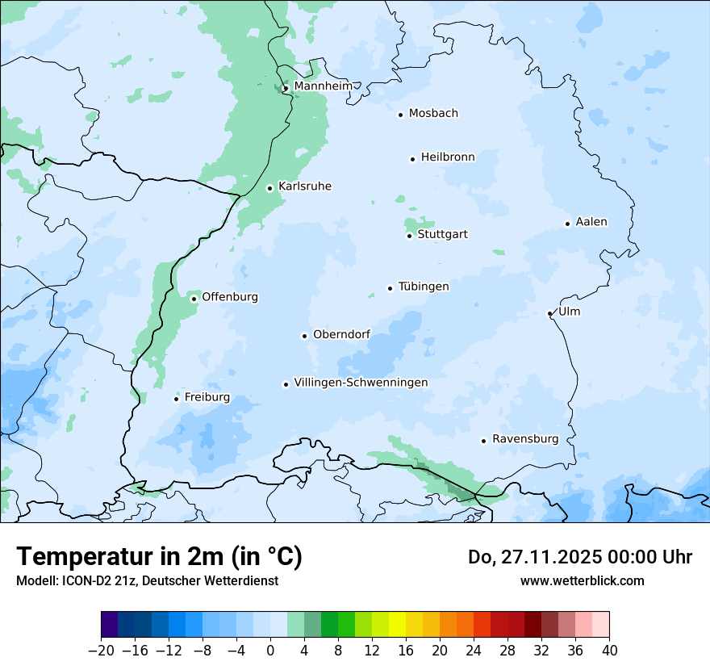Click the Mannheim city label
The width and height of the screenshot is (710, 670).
[323, 86]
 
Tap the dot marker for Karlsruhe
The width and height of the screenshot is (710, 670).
[270, 189]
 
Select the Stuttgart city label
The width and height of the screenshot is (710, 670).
[442, 235]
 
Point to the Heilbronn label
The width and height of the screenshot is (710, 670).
[448, 157]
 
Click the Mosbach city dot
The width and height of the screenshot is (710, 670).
[400, 115]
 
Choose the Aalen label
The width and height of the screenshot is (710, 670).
[591, 222]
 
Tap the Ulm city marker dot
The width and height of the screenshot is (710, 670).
[549, 313]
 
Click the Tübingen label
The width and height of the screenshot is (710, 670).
[424, 287]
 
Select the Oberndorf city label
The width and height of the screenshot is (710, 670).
[341, 334]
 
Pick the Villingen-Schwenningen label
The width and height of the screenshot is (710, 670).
[361, 383]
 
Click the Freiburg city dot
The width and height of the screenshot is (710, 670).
[176, 399]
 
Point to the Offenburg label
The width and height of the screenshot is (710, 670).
[230, 297]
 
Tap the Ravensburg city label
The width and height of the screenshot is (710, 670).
[525, 439]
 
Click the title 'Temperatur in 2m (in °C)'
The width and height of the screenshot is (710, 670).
[160, 557]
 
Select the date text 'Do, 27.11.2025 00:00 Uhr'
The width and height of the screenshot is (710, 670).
[580, 557]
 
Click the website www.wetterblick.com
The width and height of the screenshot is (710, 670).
[582, 581]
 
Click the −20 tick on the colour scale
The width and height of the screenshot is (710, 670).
[101, 651]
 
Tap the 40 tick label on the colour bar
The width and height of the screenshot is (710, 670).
[609, 651]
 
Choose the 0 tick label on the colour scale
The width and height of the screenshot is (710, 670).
[270, 651]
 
